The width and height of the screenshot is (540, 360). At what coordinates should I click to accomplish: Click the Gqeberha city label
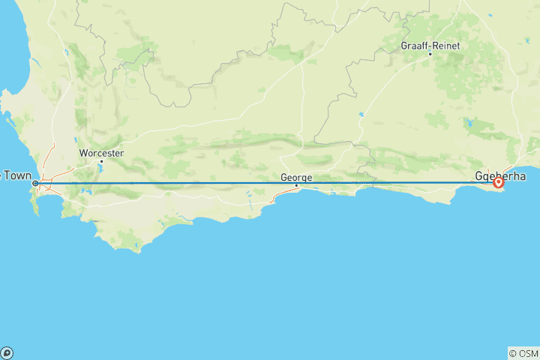point(501,176)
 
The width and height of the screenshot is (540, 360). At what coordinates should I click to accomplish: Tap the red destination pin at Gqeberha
point(499,182)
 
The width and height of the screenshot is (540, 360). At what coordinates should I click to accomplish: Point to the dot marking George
point(297,185)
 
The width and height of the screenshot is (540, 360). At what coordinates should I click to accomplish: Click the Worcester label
point(101,153)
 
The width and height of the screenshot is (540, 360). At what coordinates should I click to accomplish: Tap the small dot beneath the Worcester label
point(101,160)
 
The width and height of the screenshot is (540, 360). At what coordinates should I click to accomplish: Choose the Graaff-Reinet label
point(430,46)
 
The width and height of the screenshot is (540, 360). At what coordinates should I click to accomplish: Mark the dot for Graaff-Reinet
point(430,53)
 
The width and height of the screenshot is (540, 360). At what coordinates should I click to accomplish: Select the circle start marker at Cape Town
point(35,183)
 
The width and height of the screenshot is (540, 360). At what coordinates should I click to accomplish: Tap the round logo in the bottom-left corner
point(7,352)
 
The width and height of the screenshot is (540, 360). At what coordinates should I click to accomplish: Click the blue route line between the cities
point(187,183)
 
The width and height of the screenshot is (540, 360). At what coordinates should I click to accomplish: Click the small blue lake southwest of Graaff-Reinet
point(361,115)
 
